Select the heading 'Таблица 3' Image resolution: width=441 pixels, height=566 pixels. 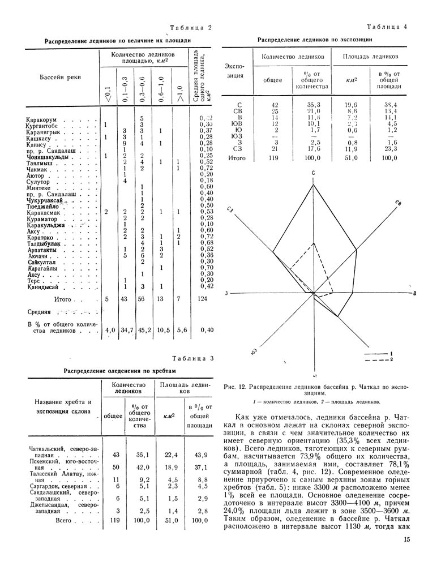click(x=193, y=358)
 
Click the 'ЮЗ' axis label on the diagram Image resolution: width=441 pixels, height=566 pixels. click(x=254, y=352)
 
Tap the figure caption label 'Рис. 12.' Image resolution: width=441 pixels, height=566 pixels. click(x=236, y=387)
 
